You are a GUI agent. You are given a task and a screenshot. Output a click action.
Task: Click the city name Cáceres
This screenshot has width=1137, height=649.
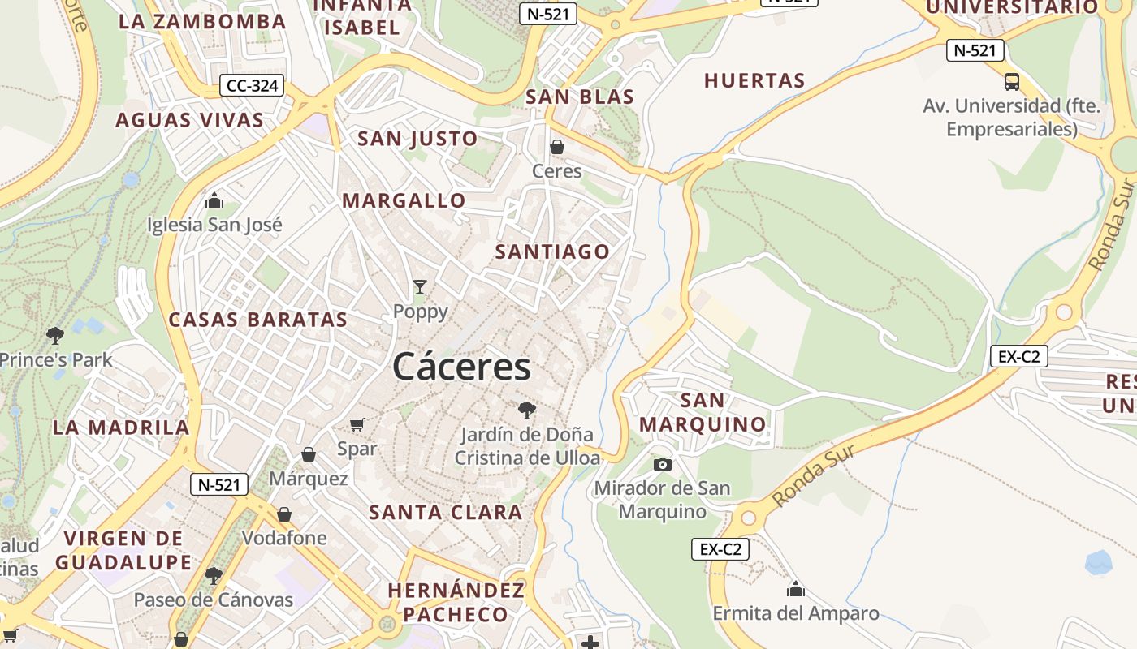pyautogui.click(x=461, y=367)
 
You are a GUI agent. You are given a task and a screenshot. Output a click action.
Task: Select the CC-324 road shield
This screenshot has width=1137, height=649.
pyautogui.click(x=252, y=85)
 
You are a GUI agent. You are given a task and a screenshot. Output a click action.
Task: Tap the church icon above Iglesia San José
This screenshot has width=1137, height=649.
pyautogui.click(x=214, y=200)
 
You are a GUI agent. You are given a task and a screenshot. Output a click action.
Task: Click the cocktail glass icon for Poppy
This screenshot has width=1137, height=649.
pyautogui.click(x=420, y=286)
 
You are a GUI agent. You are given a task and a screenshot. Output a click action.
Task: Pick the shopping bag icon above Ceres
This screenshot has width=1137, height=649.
pyautogui.click(x=557, y=147)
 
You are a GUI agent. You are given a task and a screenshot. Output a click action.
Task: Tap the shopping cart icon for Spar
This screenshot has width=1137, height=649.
pyautogui.click(x=357, y=424)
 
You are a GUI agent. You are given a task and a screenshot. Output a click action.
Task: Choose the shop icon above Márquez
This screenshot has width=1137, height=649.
pyautogui.click(x=309, y=454)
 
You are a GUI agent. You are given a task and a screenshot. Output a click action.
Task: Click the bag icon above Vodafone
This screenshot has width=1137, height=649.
pyautogui.click(x=284, y=514)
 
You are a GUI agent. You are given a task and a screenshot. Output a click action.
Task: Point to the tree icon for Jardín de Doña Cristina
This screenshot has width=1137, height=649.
pyautogui.click(x=527, y=410)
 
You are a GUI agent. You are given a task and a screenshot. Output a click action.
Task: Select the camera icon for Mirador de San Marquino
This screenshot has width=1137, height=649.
pyautogui.click(x=663, y=464)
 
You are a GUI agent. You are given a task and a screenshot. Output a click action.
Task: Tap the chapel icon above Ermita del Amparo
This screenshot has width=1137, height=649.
pyautogui.click(x=796, y=588)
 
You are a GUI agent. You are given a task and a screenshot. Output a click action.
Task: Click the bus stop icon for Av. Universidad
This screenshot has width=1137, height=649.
pyautogui.click(x=1012, y=82)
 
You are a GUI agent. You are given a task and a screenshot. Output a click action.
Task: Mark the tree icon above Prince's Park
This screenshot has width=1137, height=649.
pyautogui.click(x=55, y=334)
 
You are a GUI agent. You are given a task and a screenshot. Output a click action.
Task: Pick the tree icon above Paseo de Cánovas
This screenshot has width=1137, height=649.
pyautogui.click(x=214, y=576)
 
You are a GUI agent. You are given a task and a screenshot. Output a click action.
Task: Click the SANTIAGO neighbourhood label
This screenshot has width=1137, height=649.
pyautogui.click(x=552, y=251)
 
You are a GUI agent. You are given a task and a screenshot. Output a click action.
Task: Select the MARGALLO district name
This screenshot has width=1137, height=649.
pyautogui.click(x=404, y=200)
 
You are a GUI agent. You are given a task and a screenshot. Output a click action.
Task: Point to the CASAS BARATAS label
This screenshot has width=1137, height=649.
pyautogui.click(x=258, y=320)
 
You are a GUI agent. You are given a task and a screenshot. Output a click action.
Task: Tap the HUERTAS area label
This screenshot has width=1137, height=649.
pyautogui.click(x=754, y=80)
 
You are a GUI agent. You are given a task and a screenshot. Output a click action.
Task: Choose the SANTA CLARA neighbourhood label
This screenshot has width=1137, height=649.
pyautogui.click(x=446, y=512)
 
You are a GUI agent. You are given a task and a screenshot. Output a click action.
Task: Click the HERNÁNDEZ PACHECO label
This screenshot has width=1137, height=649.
pyautogui.click(x=456, y=602)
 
